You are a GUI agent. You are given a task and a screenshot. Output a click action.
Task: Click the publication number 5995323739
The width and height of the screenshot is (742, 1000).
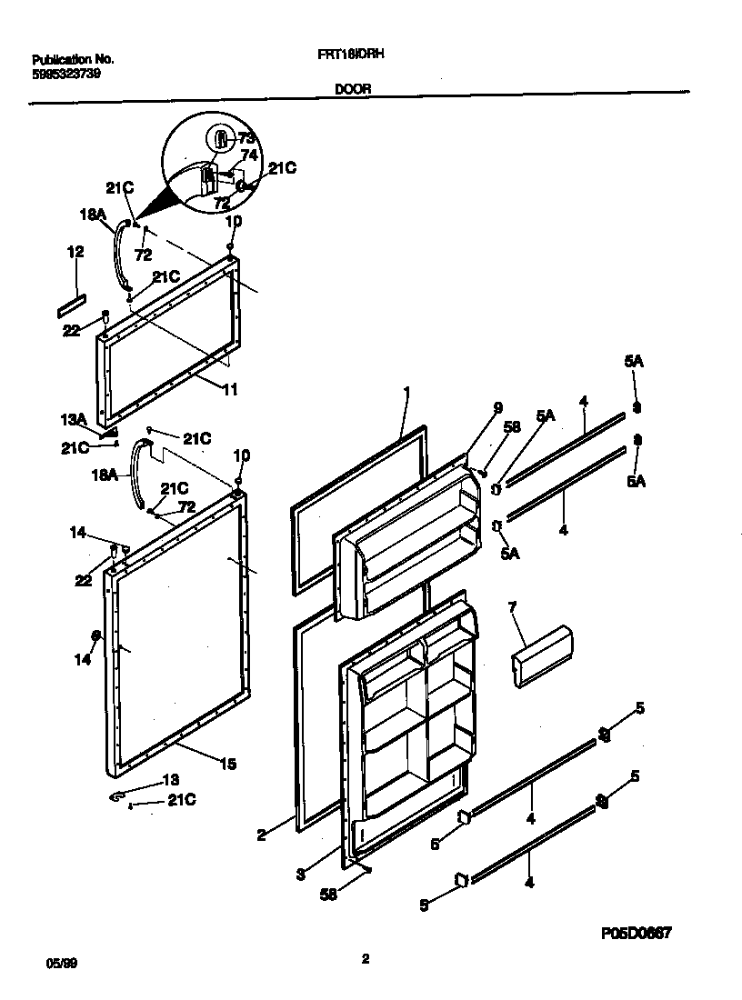[59, 74]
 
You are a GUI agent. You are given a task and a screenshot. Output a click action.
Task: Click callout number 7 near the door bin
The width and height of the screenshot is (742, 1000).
[512, 605]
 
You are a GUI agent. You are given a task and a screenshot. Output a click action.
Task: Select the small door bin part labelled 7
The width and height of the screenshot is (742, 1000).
[542, 655]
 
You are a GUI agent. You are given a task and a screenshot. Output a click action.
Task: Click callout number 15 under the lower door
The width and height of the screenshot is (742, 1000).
[227, 765]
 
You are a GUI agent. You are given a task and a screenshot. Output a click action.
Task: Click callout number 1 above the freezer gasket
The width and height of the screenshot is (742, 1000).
[406, 393]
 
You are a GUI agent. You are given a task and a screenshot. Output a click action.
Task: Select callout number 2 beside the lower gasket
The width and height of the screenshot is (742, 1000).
[261, 834]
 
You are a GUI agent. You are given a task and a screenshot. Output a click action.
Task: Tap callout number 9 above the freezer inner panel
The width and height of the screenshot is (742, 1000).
[497, 408]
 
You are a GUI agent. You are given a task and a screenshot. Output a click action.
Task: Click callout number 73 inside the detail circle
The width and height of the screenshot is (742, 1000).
[246, 138]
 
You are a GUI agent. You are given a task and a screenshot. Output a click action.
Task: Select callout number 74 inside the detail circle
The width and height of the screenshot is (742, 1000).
[249, 155]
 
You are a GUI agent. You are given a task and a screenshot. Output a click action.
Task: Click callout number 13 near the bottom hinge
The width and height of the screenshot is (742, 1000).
[171, 780]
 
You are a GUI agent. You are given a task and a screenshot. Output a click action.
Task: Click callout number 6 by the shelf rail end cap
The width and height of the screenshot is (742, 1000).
[434, 845]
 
